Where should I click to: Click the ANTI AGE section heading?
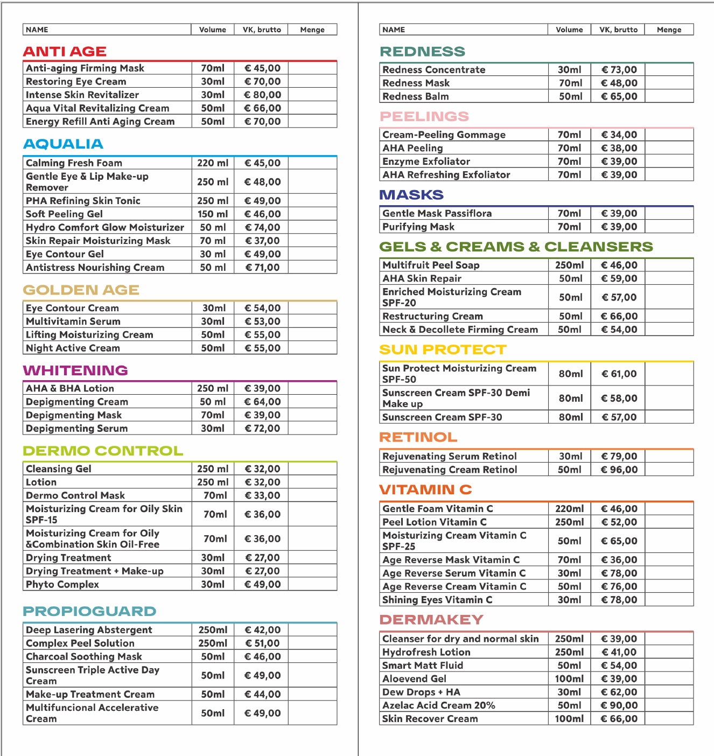coord(65,52)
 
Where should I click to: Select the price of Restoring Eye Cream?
coord(262,81)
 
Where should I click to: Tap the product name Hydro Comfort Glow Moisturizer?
coord(105,227)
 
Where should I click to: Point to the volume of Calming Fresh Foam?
coord(213,163)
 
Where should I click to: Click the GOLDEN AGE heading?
coord(81,290)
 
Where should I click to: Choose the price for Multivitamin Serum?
coord(262,321)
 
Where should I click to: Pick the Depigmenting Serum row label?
coord(77,429)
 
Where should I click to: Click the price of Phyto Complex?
coord(262,584)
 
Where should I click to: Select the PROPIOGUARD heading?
coord(89,611)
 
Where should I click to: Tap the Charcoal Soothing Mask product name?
coord(84,656)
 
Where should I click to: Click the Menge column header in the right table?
coord(669,30)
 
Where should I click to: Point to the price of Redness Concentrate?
coord(619,69)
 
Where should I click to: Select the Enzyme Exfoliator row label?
coord(426,162)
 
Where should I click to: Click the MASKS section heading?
coord(411,195)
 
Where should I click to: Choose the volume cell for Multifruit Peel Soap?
coord(570,265)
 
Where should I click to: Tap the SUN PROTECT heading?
coord(443,349)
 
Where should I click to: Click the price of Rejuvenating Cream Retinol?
coord(619,470)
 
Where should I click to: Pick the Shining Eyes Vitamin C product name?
coord(437,600)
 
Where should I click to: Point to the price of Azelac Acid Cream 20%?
coord(619,705)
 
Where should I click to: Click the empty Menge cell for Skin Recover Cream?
coord(669,719)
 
